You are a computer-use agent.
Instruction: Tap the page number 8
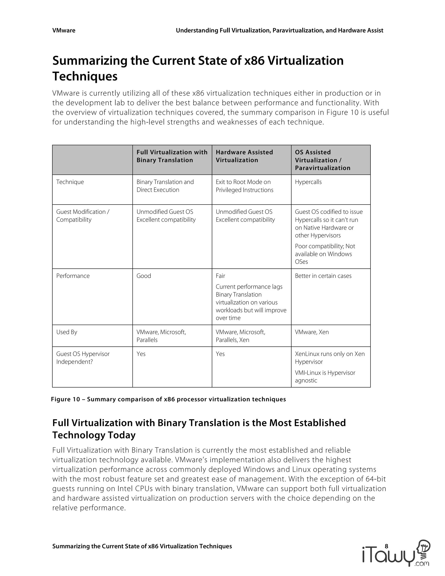pyautogui.click(x=387, y=546)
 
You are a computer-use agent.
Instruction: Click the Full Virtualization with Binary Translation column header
pyautogui.click(x=172, y=156)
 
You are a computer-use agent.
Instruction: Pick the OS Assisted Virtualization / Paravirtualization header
pyautogui.click(x=322, y=160)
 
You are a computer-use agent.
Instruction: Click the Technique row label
pyautogui.click(x=70, y=182)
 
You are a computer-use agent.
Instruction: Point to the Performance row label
pyautogui.click(x=73, y=276)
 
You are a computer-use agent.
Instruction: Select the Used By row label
pyautogui.click(x=67, y=332)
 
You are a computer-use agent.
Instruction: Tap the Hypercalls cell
pyautogui.click(x=308, y=182)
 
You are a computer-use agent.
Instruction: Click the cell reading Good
pyautogui.click(x=144, y=276)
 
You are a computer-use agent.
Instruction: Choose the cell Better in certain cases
pyautogui.click(x=323, y=276)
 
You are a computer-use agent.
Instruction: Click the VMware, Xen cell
pyautogui.click(x=312, y=332)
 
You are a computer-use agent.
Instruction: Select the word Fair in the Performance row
pyautogui.click(x=220, y=276)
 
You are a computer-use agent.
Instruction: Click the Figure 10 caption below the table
pyautogui.click(x=168, y=399)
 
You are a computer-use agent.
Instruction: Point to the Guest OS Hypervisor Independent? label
pyautogui.click(x=83, y=358)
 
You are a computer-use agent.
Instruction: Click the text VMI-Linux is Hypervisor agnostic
pyautogui.click(x=325, y=377)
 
